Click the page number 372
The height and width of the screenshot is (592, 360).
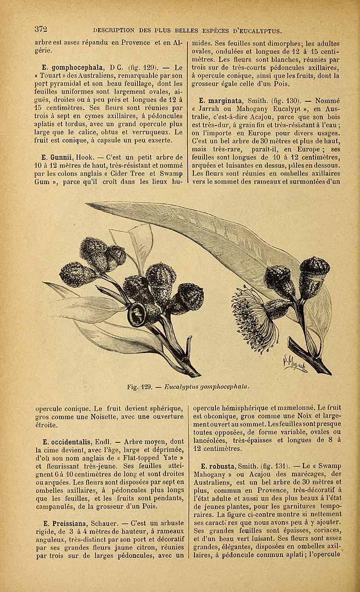tap(42, 29)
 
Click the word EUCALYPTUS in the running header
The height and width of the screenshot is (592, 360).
tap(257, 30)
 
